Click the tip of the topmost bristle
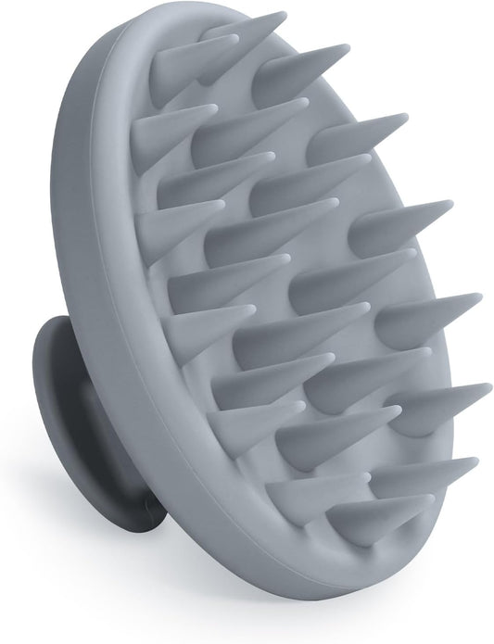(283, 14)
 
